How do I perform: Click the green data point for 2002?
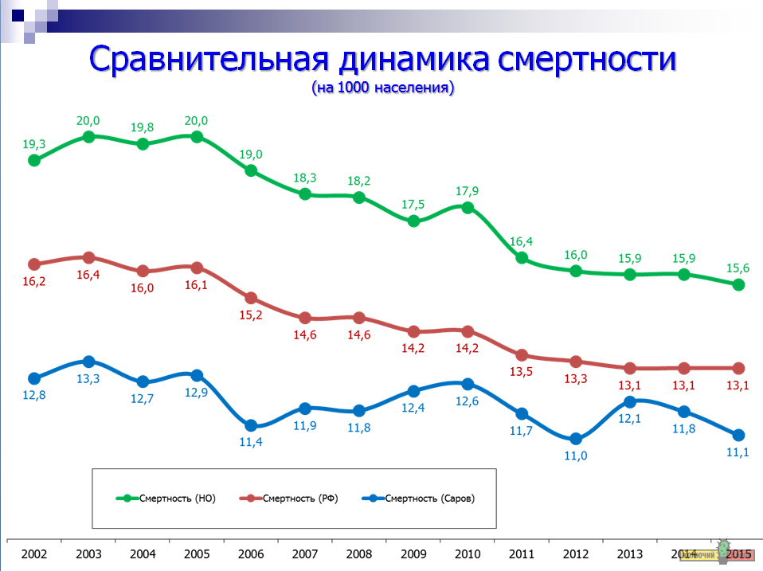(x=34, y=160)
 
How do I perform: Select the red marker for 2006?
(x=251, y=298)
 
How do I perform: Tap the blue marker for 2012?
(x=576, y=439)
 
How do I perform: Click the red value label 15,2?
(x=251, y=315)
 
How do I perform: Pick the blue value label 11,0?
(x=576, y=456)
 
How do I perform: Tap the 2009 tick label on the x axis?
(x=413, y=553)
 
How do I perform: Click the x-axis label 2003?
(x=88, y=553)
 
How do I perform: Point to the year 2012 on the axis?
(x=576, y=553)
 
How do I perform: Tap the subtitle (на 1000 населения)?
(x=382, y=88)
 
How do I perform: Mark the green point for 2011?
(x=522, y=258)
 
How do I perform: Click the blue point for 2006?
(x=251, y=425)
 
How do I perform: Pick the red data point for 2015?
(x=738, y=368)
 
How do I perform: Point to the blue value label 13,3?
(x=88, y=379)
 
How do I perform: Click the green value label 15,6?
(x=738, y=267)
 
